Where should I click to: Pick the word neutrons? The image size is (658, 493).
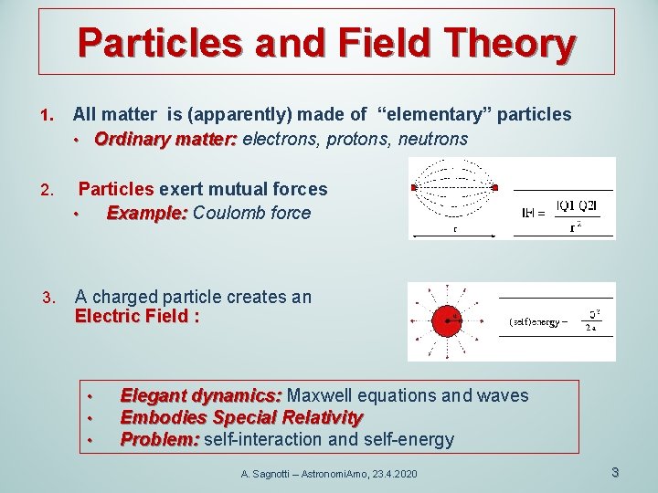(432, 139)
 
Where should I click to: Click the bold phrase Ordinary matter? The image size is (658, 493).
(165, 139)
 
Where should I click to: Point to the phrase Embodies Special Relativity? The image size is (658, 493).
(241, 417)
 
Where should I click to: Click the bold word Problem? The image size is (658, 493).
(160, 439)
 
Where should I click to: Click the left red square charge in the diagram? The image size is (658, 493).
(414, 188)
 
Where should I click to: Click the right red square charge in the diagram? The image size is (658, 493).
(493, 188)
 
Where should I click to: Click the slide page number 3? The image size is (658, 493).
(615, 472)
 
